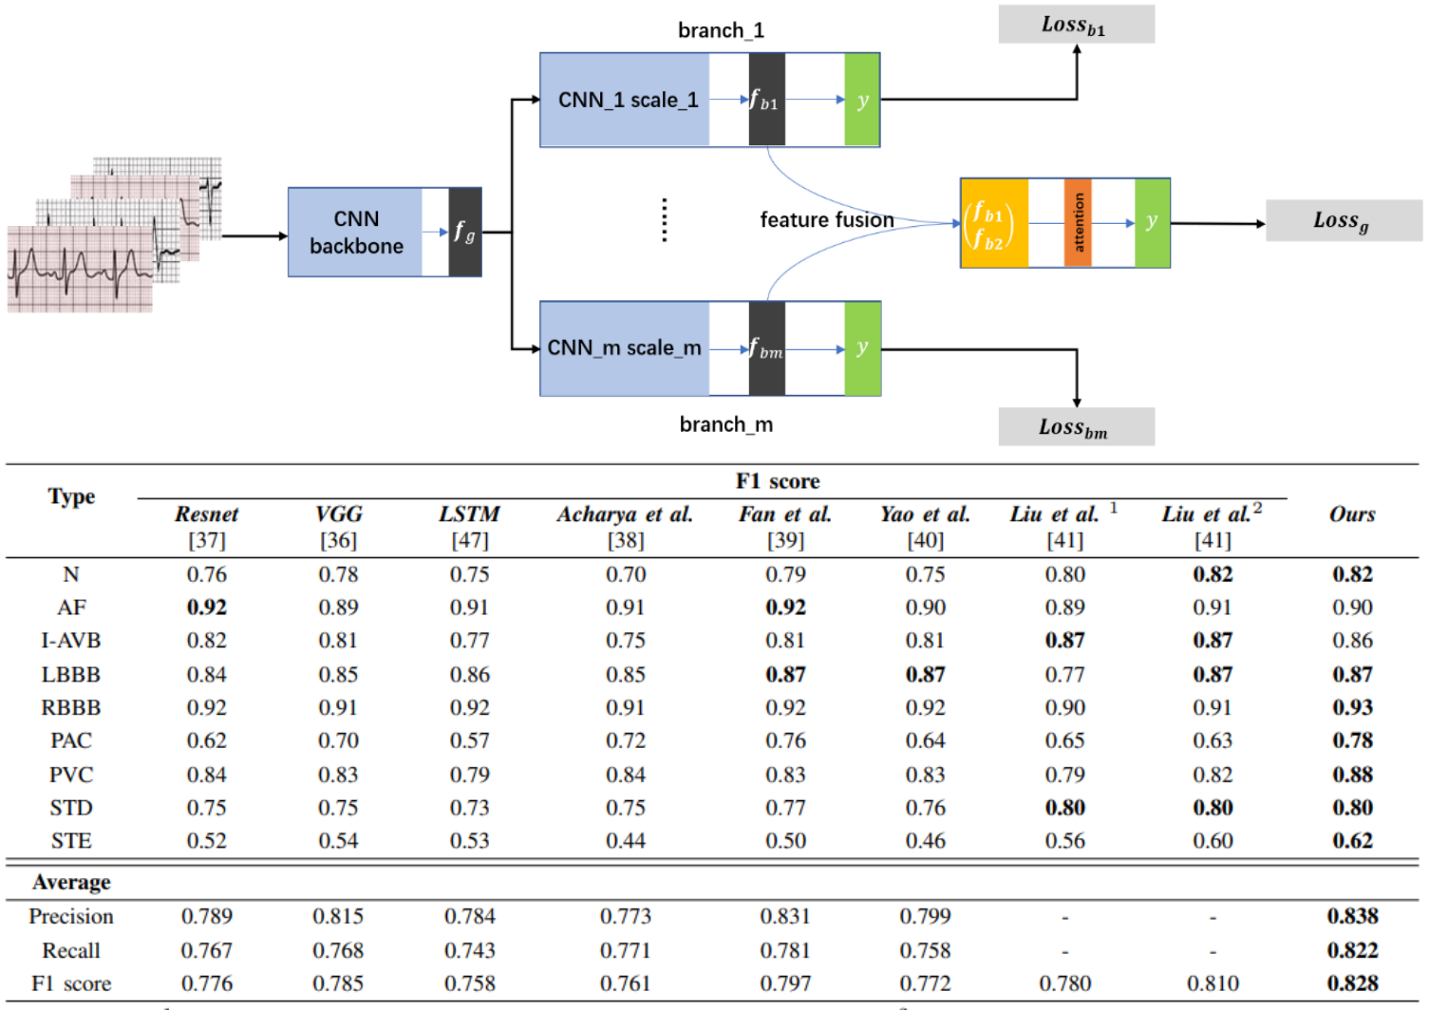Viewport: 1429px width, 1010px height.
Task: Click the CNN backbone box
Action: pyautogui.click(x=356, y=233)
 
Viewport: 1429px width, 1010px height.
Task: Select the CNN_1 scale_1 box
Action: pyautogui.click(x=626, y=100)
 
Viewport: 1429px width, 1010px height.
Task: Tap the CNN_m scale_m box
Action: pyautogui.click(x=625, y=348)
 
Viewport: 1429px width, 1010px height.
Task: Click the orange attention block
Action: pyautogui.click(x=1078, y=223)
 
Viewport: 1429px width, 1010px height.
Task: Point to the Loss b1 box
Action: pyautogui.click(x=1076, y=25)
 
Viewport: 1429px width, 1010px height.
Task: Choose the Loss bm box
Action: pyautogui.click(x=1076, y=427)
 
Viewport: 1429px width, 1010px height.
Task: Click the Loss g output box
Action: pyautogui.click(x=1343, y=221)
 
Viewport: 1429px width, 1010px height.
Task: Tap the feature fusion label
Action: pyautogui.click(x=826, y=220)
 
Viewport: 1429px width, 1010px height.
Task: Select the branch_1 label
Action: pyautogui.click(x=721, y=30)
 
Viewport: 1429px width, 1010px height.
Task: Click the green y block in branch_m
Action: pyautogui.click(x=862, y=348)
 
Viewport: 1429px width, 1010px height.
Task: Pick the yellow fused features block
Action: pyautogui.click(x=993, y=223)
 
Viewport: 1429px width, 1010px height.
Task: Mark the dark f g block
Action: pyautogui.click(x=465, y=233)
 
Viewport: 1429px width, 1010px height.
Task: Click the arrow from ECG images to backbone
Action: pyautogui.click(x=254, y=235)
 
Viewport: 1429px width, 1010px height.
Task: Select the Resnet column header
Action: pyautogui.click(x=206, y=514)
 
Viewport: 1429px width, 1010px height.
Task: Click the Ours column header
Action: pyautogui.click(x=1352, y=514)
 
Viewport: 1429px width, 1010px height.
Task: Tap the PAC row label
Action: pyautogui.click(x=71, y=740)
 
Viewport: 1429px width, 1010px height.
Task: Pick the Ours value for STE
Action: pyautogui.click(x=1352, y=841)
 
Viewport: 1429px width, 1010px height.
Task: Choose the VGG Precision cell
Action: pyautogui.click(x=338, y=916)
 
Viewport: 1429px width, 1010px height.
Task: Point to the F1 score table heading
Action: pyautogui.click(x=777, y=481)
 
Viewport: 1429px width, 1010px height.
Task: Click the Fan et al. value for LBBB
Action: pyautogui.click(x=785, y=675)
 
